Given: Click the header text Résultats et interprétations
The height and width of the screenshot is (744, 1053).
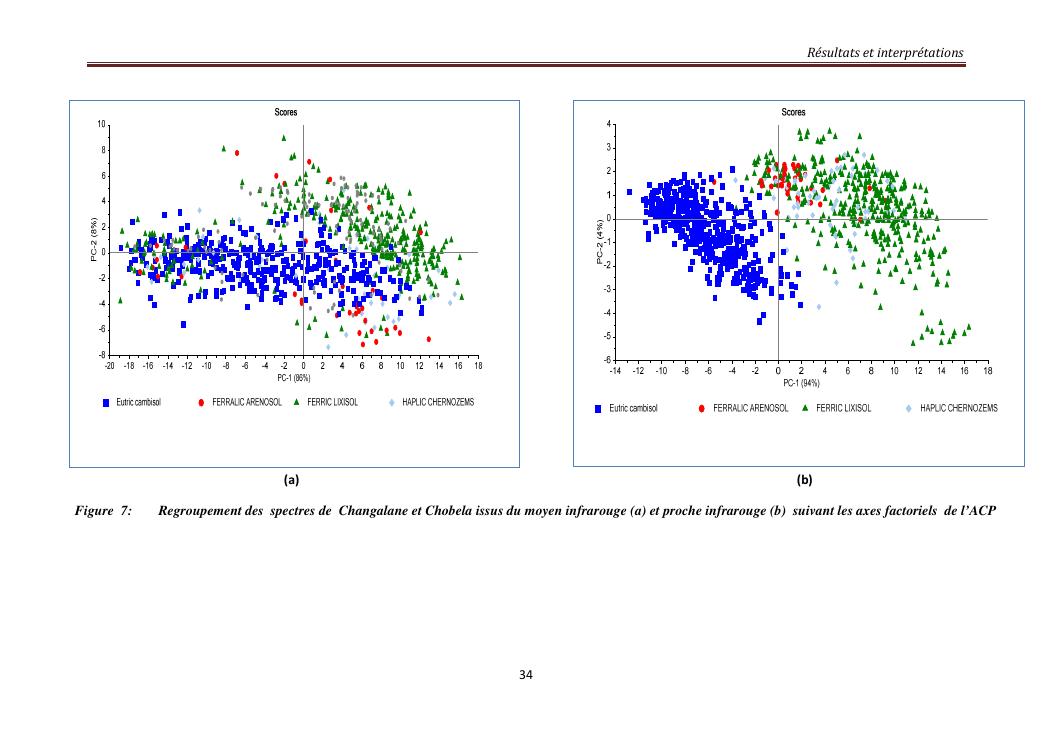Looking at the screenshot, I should pyautogui.click(x=887, y=52).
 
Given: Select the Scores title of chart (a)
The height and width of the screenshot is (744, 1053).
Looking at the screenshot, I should pyautogui.click(x=286, y=112).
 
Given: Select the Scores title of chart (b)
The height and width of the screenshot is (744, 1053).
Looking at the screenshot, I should pyautogui.click(x=793, y=112).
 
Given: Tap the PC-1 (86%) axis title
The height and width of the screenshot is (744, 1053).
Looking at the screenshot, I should pyautogui.click(x=294, y=378).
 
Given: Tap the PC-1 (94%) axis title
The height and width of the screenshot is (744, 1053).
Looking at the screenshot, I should pyautogui.click(x=801, y=382).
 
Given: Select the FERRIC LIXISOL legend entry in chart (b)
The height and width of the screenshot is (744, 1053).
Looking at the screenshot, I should pyautogui.click(x=843, y=408).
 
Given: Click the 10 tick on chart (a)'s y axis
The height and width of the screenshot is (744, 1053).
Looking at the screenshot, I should pyautogui.click(x=101, y=124).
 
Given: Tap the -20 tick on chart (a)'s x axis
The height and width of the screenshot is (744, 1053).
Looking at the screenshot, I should pyautogui.click(x=110, y=366).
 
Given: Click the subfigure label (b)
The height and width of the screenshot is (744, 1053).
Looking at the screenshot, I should pyautogui.click(x=803, y=479).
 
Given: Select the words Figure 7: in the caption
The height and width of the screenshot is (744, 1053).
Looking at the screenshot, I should pyautogui.click(x=104, y=511).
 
